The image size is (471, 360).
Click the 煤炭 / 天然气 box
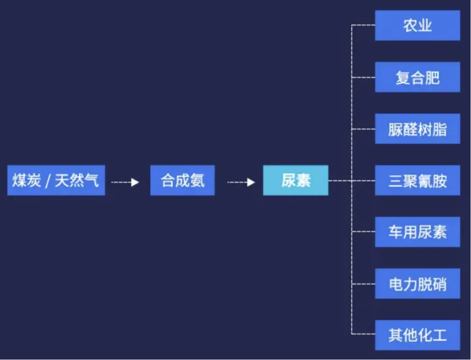pos(56,180)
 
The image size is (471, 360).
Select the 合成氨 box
pos(182,180)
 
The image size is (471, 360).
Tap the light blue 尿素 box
pos(295,180)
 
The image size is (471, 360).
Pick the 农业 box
pos(417,26)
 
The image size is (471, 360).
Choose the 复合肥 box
pos(417,77)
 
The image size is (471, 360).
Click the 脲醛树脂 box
pos(417,129)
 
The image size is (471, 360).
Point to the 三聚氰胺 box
pos(417,180)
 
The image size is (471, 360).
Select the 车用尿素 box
pos(417,232)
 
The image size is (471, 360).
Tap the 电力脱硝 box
pos(417,284)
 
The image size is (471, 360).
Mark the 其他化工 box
pos(417,335)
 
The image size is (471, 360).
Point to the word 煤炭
pos(27,180)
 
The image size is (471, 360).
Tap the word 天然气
pos(77,180)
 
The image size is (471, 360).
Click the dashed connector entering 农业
pos(363,26)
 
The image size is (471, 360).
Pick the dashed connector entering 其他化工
pos(363,334)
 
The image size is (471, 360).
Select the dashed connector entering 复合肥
pos(363,77)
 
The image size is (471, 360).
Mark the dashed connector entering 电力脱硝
pos(363,284)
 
